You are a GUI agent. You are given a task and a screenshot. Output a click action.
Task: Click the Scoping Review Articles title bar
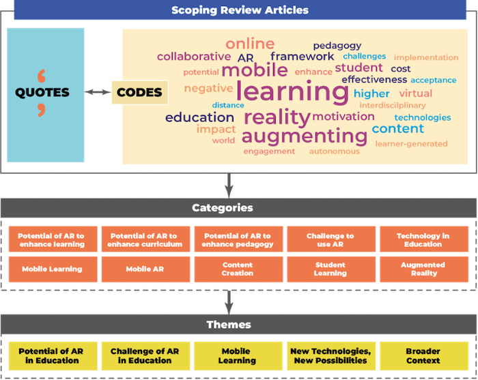[239, 10]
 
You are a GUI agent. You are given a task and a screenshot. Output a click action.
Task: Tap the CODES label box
[139, 92]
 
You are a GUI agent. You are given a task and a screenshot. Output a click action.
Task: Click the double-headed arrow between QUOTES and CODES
[97, 92]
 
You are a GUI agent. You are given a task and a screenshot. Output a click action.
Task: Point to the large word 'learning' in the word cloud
[292, 91]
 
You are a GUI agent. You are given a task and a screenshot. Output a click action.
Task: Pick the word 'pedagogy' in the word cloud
[337, 46]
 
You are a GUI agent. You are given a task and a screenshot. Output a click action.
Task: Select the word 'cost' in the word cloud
[400, 68]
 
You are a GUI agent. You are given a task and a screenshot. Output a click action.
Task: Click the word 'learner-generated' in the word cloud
[412, 143]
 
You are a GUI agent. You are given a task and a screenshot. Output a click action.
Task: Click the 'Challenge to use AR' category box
[330, 240]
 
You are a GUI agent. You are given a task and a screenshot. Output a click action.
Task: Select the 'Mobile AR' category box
[144, 269]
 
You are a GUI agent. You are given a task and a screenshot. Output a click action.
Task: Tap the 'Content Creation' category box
[237, 269]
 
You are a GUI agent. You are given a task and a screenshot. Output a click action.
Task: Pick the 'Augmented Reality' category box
[423, 269]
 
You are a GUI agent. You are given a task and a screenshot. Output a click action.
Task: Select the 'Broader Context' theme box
[423, 355]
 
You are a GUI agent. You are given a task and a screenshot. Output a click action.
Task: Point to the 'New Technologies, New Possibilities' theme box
[330, 355]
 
